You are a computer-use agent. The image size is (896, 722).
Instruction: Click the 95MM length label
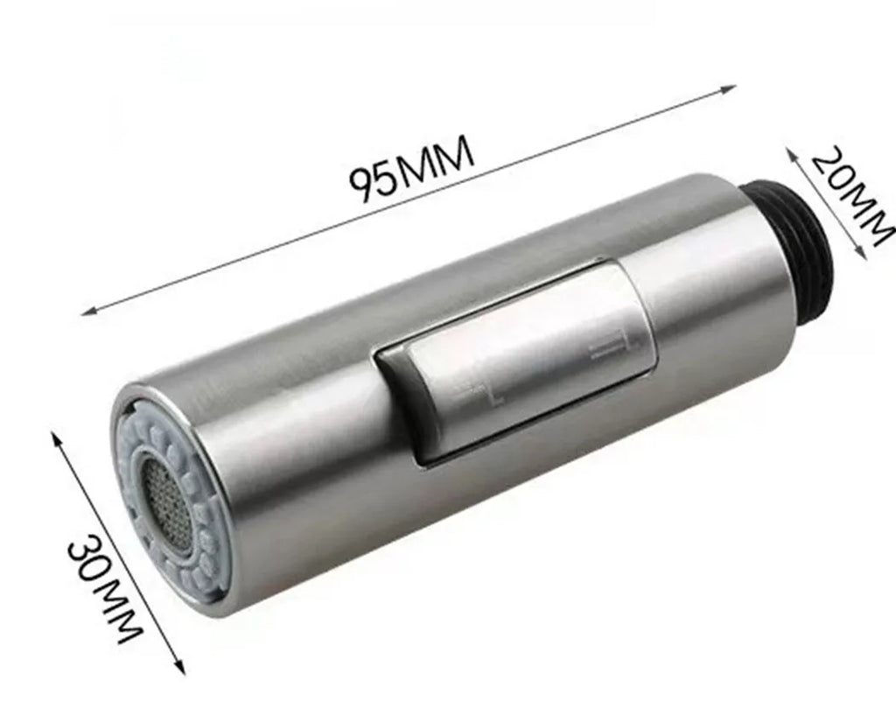tap(411, 169)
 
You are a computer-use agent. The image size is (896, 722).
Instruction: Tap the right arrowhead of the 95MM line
tap(728, 88)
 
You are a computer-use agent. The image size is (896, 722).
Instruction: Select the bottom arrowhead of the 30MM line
tap(180, 666)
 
